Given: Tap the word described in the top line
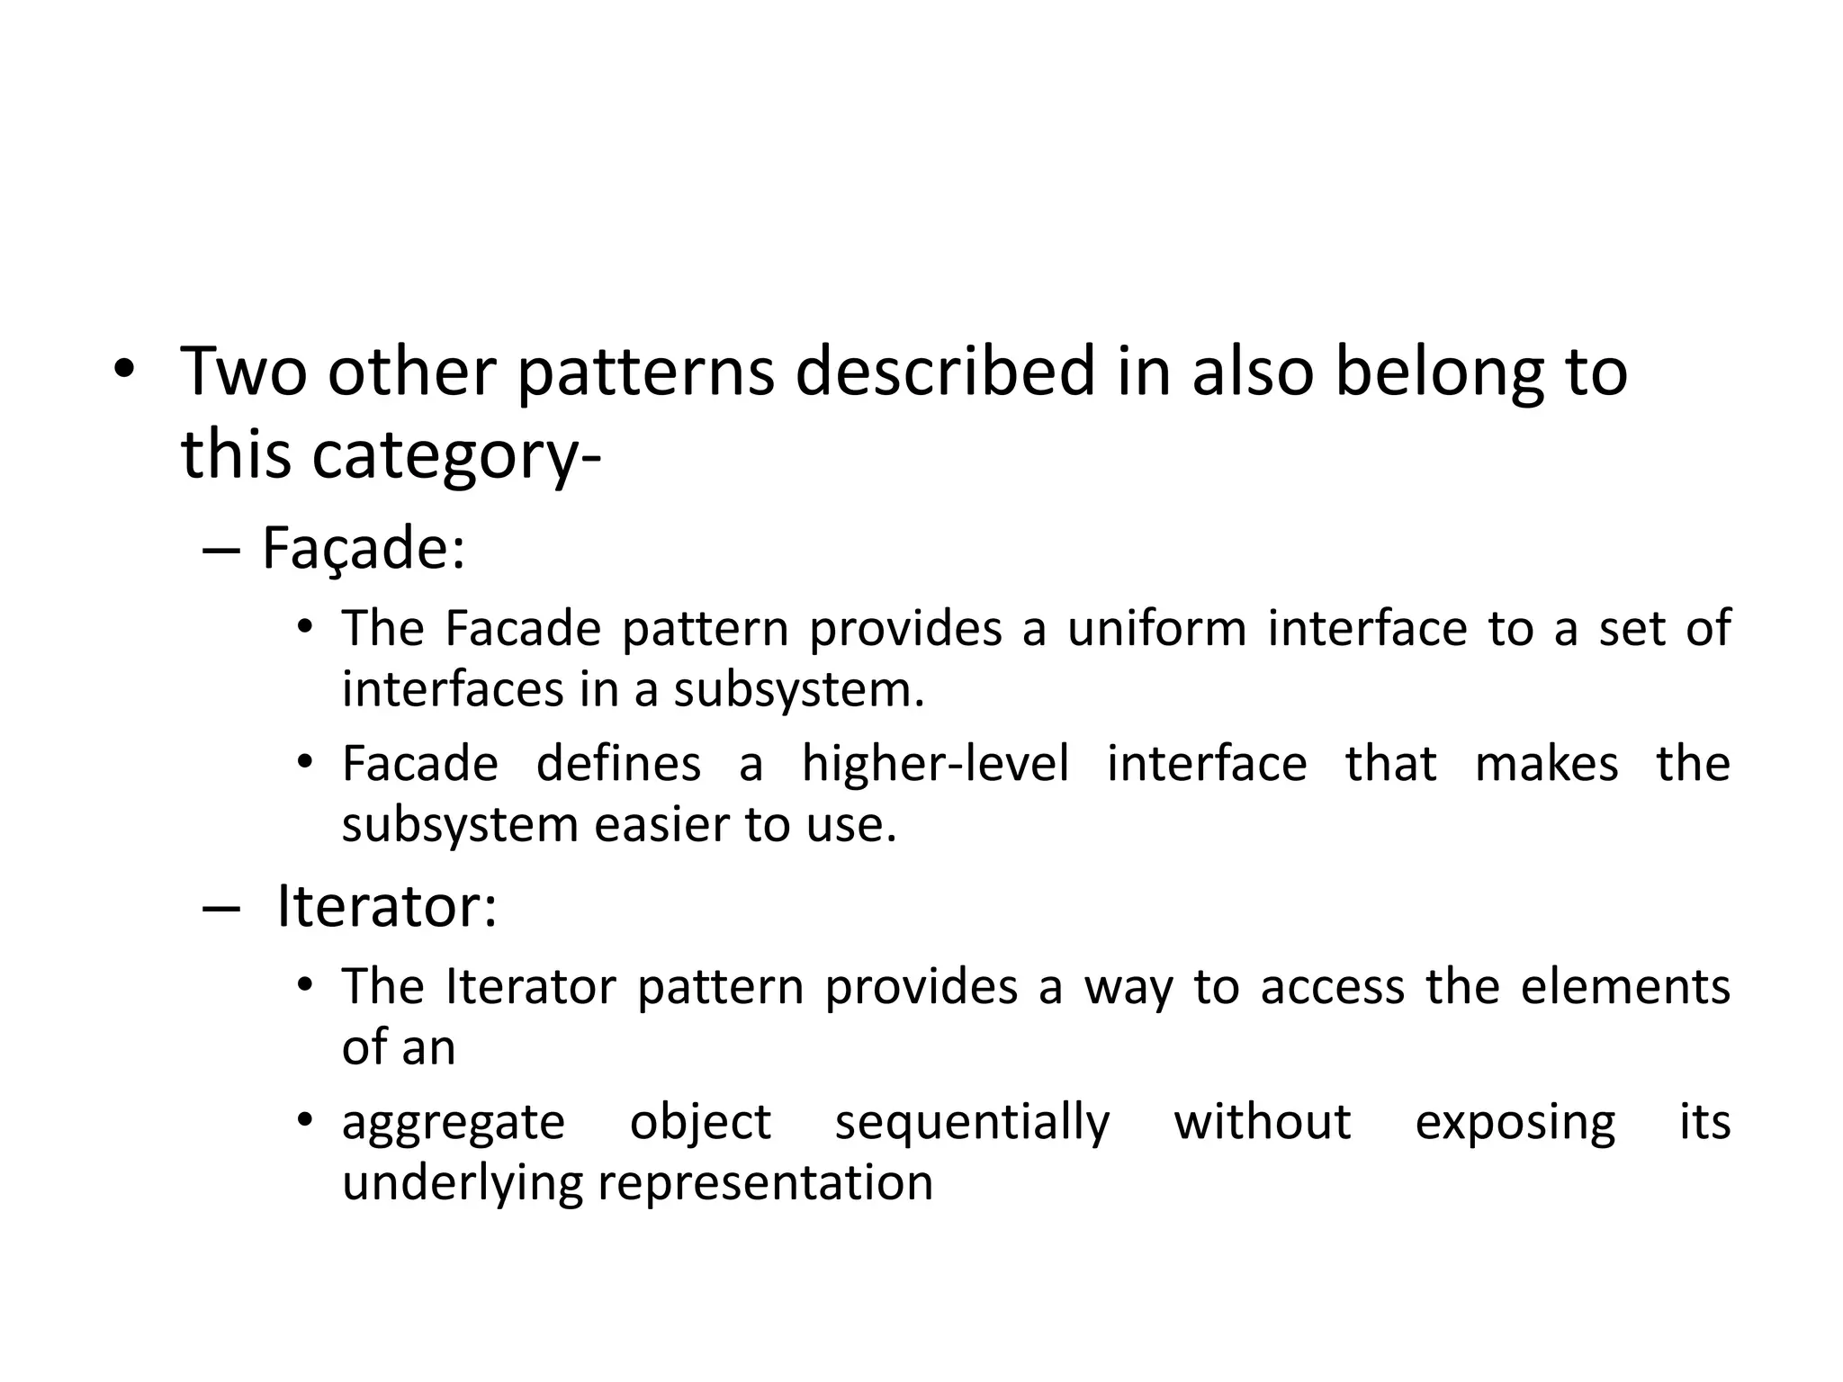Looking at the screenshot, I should pos(945,372).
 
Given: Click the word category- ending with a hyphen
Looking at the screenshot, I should pos(456,455).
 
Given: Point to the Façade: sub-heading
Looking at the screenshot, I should pos(364,548).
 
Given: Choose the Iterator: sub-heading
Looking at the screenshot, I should pos(386,906).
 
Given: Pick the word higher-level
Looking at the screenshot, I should pos(935,764).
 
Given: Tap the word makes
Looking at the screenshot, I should pos(1546,764).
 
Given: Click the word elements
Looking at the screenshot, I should pos(1625,986).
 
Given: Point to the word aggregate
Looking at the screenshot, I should pos(453,1123).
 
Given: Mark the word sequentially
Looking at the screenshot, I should pos(972,1123).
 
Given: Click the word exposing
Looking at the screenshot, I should pos(1515,1123).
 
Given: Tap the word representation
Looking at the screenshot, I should pos(765,1182).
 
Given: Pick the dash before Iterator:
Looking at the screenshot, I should pos(220,909).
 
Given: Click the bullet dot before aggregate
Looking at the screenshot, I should pos(305,1120).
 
